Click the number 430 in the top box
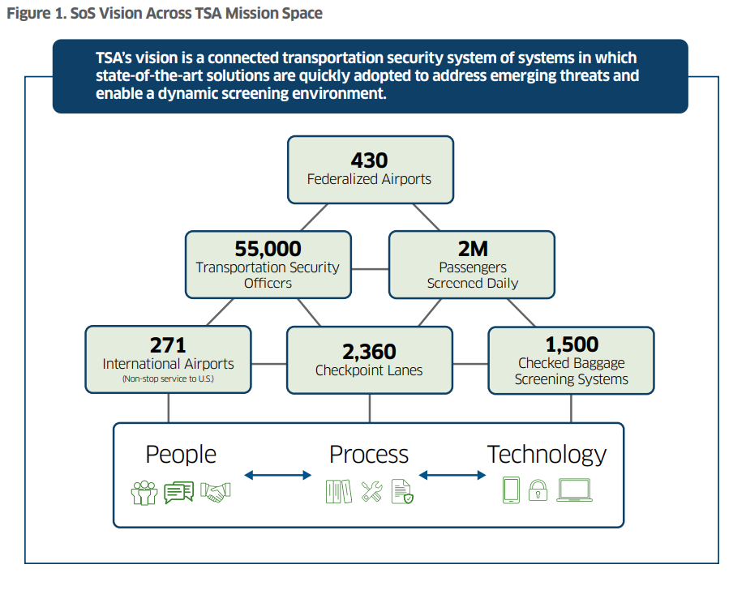click(369, 160)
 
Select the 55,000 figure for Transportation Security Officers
click(268, 249)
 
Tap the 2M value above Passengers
click(472, 249)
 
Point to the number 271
click(168, 345)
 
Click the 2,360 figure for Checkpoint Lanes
click(369, 352)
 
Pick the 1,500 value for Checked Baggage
click(571, 344)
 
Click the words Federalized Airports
click(369, 179)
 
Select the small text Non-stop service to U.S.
click(168, 379)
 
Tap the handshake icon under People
click(215, 491)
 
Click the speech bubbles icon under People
click(179, 492)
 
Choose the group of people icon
click(144, 492)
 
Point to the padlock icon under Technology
click(538, 491)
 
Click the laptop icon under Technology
click(574, 490)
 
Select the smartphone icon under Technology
click(511, 490)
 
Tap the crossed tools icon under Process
click(371, 491)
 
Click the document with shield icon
click(402, 491)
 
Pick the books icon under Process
click(338, 491)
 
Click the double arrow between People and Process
click(277, 475)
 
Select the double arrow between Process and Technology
click(451, 475)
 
